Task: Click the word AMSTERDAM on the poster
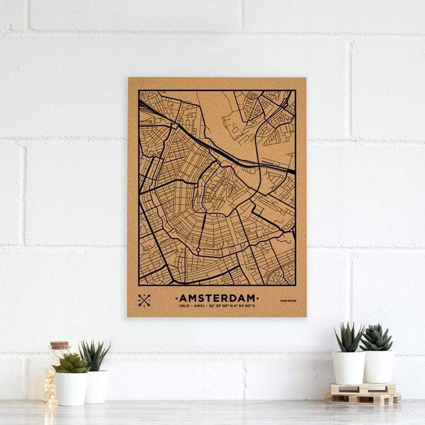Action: pyautogui.click(x=217, y=298)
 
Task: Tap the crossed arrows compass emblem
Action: pyautogui.click(x=144, y=300)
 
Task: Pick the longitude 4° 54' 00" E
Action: pyautogui.click(x=244, y=307)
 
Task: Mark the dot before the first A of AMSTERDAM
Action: pyautogui.click(x=177, y=298)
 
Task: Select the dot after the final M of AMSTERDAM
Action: pyautogui.click(x=258, y=298)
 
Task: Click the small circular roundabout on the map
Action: pyautogui.click(x=198, y=249)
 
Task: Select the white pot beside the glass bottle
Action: pyautogui.click(x=72, y=388)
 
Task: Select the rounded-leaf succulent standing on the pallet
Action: pyautogui.click(x=376, y=338)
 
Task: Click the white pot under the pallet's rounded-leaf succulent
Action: pyautogui.click(x=378, y=366)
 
